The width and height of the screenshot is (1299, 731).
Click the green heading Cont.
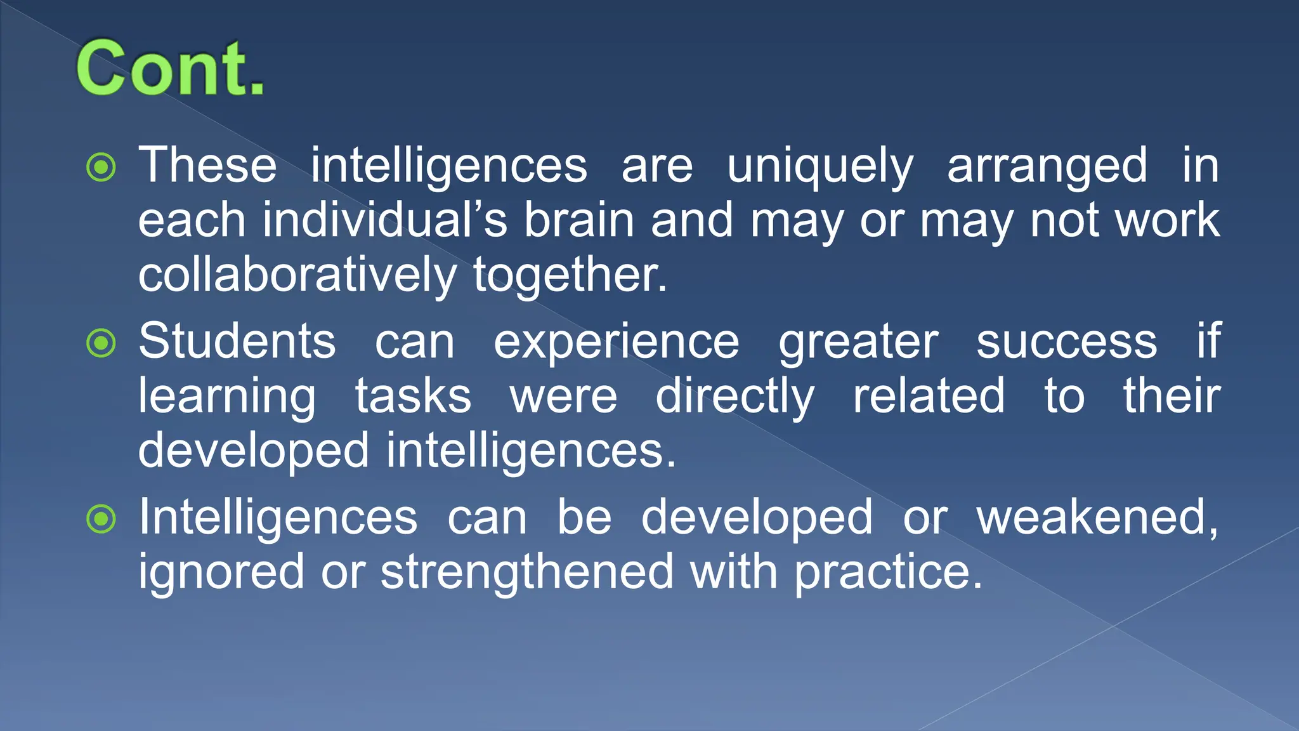point(170,68)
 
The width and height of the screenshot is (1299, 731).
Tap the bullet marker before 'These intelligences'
point(101,168)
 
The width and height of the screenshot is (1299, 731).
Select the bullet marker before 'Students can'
point(101,343)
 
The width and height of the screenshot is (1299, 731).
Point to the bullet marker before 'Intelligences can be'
point(101,519)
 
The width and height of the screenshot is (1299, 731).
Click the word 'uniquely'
point(819,166)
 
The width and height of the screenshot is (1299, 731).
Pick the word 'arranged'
point(1047,166)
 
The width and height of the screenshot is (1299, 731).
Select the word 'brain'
point(579,220)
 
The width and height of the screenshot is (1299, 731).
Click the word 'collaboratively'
point(297,275)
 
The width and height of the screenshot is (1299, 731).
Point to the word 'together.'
point(570,275)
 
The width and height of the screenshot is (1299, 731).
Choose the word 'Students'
point(237,341)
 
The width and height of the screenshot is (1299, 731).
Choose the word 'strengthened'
point(527,572)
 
